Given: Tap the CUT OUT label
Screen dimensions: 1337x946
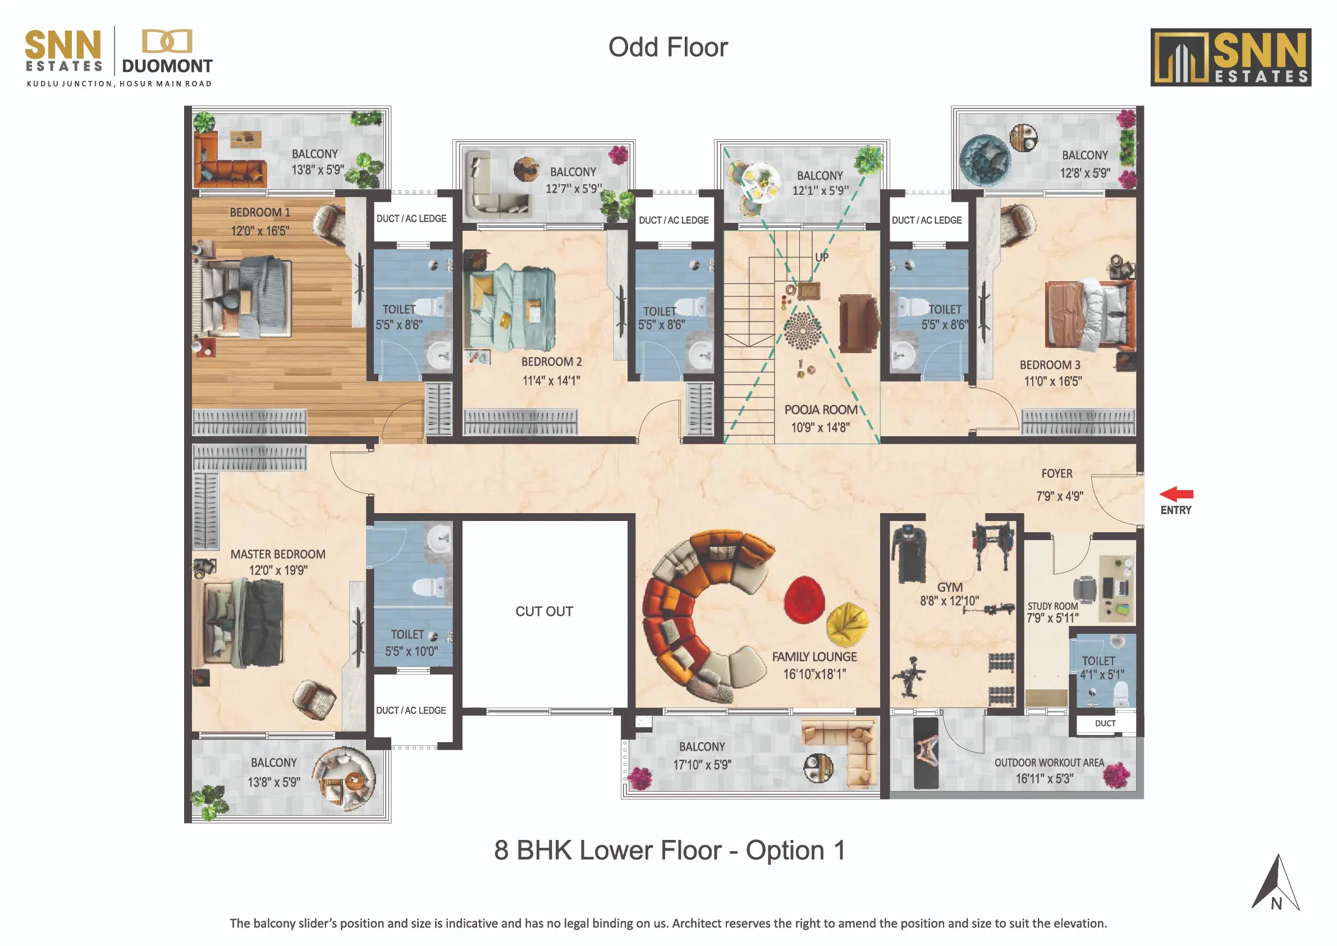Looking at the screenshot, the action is pos(544,611).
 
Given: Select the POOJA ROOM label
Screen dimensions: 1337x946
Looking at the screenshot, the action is pos(821,409).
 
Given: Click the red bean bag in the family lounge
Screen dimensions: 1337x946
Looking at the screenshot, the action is pos(804,600).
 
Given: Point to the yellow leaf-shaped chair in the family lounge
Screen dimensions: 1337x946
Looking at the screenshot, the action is pos(848,624).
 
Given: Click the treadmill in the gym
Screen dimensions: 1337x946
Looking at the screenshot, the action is pos(908,553).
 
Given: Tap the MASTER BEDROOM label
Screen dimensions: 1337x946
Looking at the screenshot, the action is pos(278,554).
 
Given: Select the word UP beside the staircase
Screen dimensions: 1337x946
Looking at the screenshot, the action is pos(822,257).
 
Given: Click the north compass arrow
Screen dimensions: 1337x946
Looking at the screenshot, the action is pos(1275,882).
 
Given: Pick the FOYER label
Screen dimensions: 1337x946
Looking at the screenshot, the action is pos(1057,474).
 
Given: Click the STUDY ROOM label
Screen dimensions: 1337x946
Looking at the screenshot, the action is pos(1053,606).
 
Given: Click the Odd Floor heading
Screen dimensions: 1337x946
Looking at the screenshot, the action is pos(668,47).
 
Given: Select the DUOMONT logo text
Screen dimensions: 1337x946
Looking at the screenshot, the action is pos(167,66).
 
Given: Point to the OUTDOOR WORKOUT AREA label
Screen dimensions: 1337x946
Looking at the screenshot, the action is pos(1048,762).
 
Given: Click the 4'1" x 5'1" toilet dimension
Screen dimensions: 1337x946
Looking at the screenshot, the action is pos(1102,674).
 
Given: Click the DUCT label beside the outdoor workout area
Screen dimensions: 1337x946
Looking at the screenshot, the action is pos(1105,723).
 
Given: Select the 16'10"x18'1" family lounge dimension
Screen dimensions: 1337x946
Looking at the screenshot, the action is pos(814,674).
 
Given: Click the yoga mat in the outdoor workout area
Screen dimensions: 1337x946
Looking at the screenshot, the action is pos(926,753).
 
